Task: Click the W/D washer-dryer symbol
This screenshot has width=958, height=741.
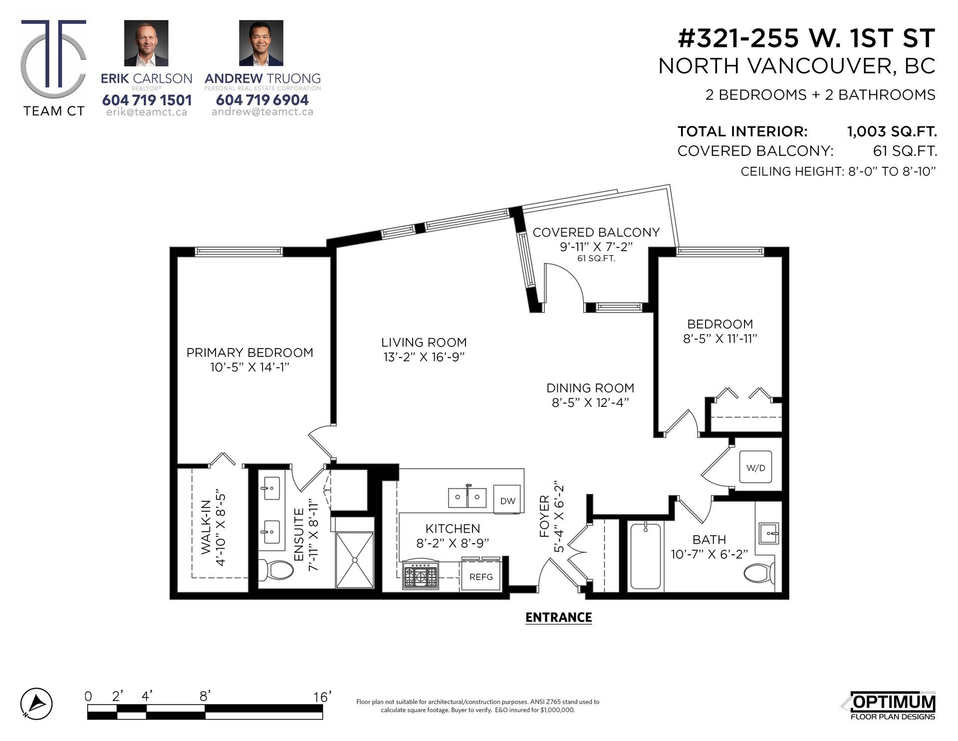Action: click(x=755, y=467)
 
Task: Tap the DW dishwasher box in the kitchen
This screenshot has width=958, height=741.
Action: click(x=507, y=500)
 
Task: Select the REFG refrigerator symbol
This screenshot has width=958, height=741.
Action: click(x=481, y=576)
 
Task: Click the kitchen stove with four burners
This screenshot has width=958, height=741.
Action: click(x=420, y=575)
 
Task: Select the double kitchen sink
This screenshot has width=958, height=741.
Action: click(x=467, y=496)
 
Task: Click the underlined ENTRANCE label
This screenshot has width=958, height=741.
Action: click(x=558, y=618)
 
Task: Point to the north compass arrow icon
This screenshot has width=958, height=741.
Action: click(x=36, y=704)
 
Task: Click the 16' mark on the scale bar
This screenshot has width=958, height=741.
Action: click(x=322, y=697)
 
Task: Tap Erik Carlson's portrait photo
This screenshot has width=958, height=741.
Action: click(x=146, y=43)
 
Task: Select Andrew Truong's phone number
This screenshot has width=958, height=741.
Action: click(x=262, y=100)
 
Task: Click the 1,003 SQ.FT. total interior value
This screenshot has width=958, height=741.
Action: click(x=892, y=132)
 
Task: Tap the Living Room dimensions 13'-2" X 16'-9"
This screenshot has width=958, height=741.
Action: click(x=424, y=357)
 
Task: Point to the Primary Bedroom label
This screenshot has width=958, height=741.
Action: click(x=250, y=353)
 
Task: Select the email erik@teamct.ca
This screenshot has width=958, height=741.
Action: click(x=147, y=112)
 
